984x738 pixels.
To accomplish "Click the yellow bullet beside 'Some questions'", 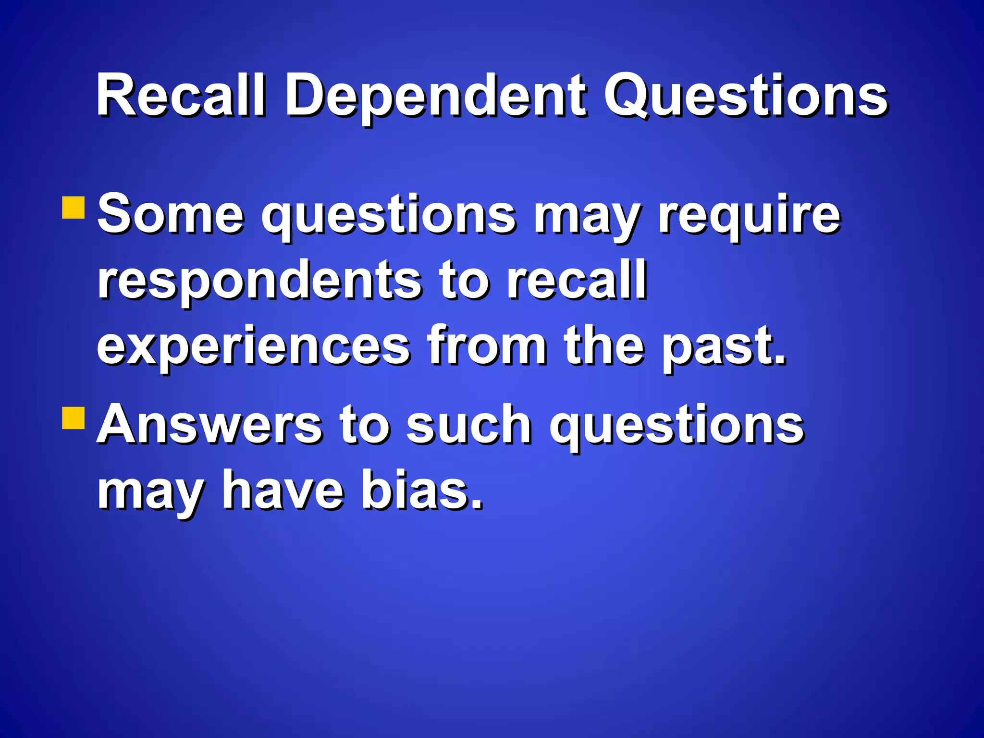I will [74, 208].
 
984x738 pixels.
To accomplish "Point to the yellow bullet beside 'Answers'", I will [74, 418].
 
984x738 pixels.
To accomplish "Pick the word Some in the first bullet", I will [171, 213].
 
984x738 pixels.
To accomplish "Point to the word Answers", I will [210, 425].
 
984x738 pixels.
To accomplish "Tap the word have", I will [283, 490].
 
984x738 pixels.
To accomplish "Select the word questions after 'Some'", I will [388, 216].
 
